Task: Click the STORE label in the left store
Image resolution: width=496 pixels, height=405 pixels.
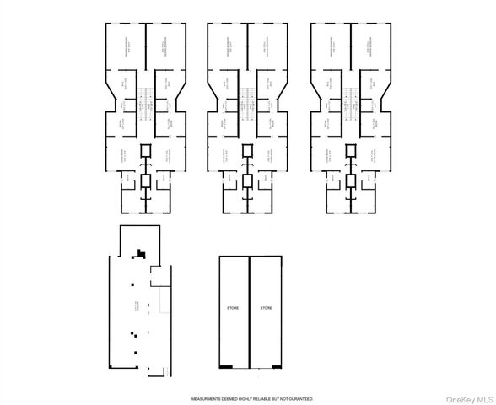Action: pos(234,308)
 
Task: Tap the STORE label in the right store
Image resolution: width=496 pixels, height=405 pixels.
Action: pos(266,308)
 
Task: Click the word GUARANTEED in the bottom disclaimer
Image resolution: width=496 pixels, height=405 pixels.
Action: pos(299,397)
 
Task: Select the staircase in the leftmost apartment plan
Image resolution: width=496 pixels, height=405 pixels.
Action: pos(143,96)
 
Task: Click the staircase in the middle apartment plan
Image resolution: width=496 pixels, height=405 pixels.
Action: pos(246,96)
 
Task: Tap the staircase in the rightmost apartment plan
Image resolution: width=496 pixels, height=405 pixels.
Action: pos(349,96)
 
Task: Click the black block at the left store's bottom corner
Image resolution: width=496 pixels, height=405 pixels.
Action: pos(226,367)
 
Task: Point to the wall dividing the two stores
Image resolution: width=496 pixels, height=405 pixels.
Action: pos(250,312)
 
